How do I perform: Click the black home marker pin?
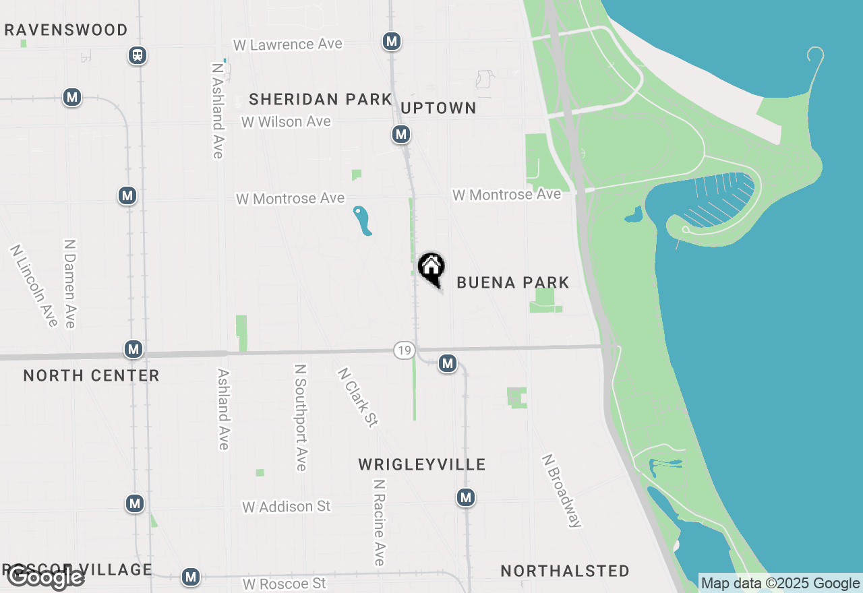(x=431, y=268)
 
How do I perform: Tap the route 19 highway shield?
(x=404, y=350)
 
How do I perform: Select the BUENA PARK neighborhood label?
(x=513, y=282)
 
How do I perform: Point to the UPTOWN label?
(x=439, y=108)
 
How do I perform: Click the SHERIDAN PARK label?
(x=320, y=99)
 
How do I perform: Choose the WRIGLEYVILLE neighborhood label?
(x=422, y=464)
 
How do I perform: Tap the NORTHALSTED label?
(x=565, y=571)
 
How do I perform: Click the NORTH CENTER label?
(x=92, y=375)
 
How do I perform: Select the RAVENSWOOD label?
(x=66, y=30)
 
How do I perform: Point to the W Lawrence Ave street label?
(x=288, y=44)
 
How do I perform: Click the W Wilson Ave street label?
(x=287, y=122)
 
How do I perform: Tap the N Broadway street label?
(x=562, y=490)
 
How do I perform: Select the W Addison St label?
(x=287, y=506)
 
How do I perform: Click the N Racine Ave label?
(x=379, y=522)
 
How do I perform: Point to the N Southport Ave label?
(x=300, y=417)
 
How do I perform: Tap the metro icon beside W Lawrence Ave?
(x=391, y=41)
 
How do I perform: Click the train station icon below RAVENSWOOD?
(x=138, y=55)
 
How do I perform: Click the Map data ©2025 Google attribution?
(x=780, y=583)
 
